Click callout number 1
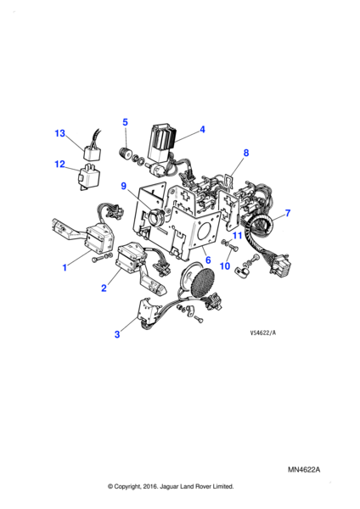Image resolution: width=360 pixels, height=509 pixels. tap(65, 267)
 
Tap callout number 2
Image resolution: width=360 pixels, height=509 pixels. tap(104, 288)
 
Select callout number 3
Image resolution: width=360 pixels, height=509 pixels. tap(117, 334)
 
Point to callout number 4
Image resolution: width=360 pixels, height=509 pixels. tap(202, 129)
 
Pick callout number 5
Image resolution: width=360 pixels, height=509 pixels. tap(125, 122)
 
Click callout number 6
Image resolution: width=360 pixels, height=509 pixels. tap(208, 260)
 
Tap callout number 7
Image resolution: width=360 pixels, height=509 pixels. tap(287, 213)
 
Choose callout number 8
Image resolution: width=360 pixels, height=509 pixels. tap(246, 152)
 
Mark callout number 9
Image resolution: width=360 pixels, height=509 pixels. tap(123, 186)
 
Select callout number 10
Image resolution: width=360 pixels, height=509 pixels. tap(225, 266)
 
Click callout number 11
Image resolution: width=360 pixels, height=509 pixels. tap(238, 235)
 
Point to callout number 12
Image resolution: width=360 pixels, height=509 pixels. tap(59, 165)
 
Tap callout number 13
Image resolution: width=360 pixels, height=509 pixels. tap(59, 133)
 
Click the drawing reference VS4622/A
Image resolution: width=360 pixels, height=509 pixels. tap(263, 333)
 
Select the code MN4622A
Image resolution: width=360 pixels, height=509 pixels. tap(304, 470)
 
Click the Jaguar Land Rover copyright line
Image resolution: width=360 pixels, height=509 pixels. tap(171, 486)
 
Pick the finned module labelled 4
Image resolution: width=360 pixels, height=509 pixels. tap(161, 142)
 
